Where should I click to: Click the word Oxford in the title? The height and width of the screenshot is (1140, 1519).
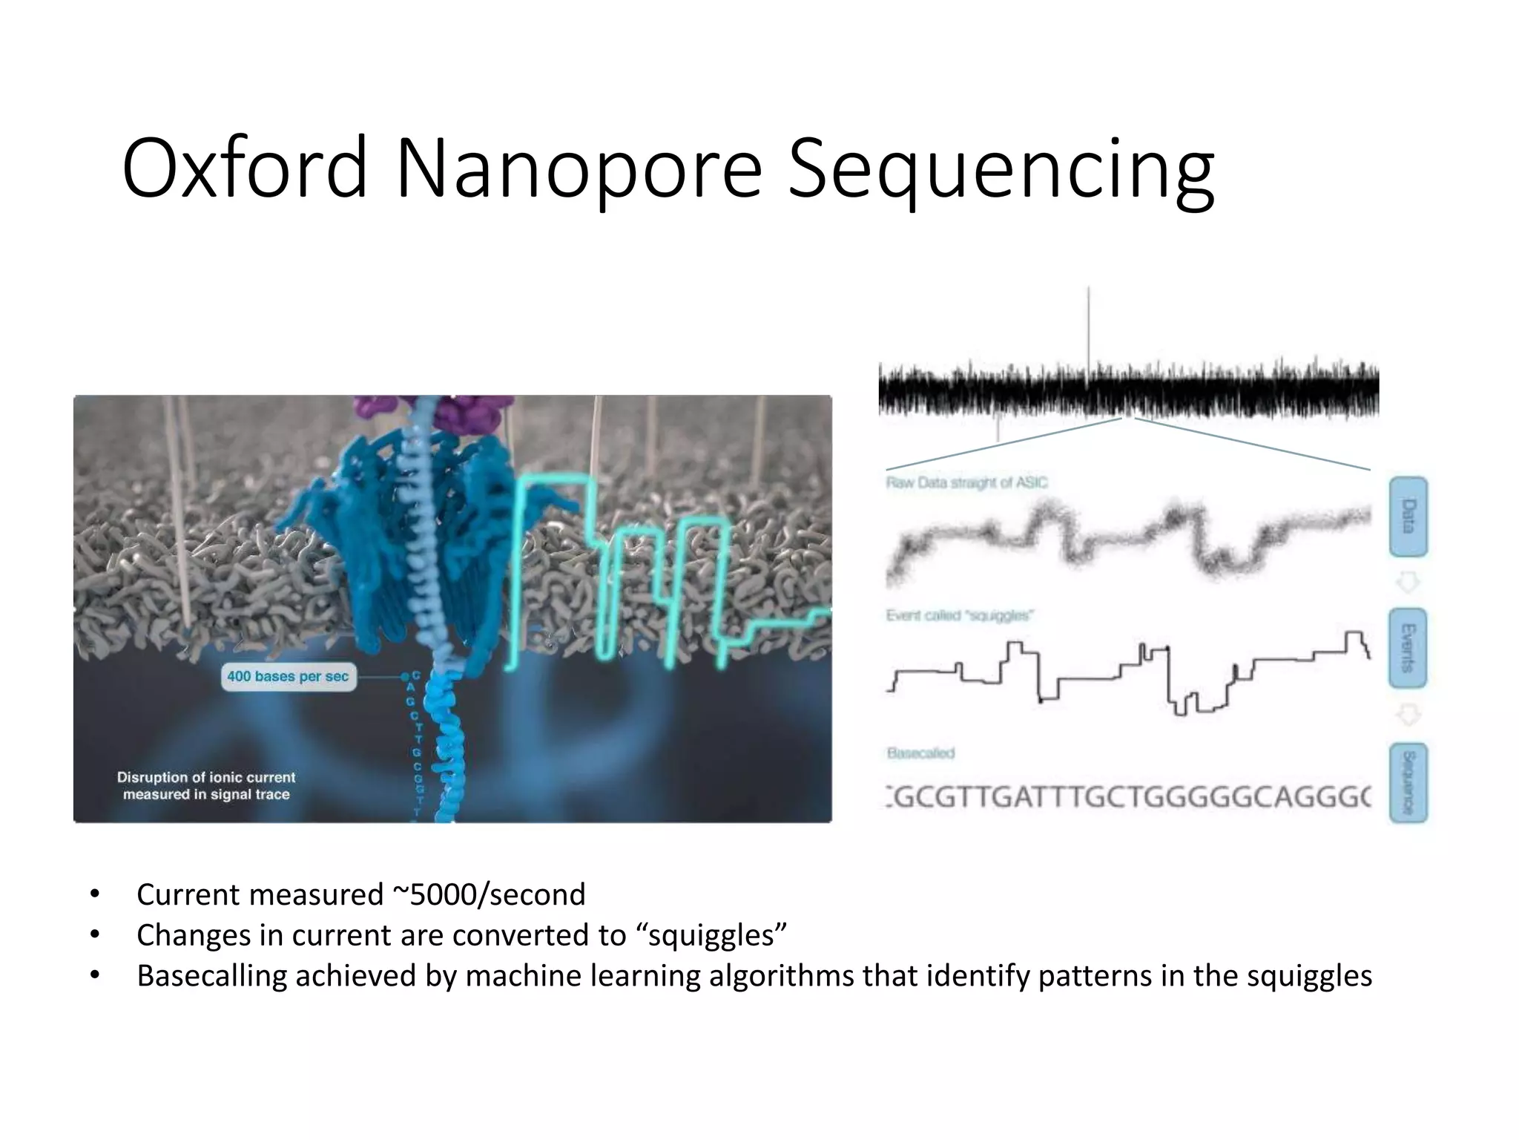pyautogui.click(x=245, y=168)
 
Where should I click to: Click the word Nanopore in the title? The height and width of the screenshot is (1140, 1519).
pyautogui.click(x=579, y=168)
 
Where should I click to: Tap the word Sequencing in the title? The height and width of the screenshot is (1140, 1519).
pyautogui.click(x=1001, y=168)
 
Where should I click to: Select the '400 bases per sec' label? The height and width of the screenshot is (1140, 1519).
pyautogui.click(x=288, y=676)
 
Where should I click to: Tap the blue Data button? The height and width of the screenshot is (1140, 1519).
pyautogui.click(x=1408, y=517)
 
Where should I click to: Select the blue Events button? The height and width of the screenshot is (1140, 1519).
pyautogui.click(x=1408, y=648)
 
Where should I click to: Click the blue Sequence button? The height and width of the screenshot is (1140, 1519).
pyautogui.click(x=1408, y=782)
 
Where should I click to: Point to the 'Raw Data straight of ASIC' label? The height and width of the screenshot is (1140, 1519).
pyautogui.click(x=966, y=483)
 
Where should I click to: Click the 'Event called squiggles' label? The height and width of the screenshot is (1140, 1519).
pyautogui.click(x=960, y=615)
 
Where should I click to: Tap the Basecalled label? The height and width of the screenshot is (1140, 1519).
pyautogui.click(x=920, y=753)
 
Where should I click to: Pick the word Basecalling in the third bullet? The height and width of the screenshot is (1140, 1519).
pyautogui.click(x=211, y=975)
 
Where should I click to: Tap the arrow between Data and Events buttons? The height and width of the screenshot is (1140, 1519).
pyautogui.click(x=1408, y=582)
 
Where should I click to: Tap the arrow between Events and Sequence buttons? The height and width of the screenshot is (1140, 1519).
pyautogui.click(x=1408, y=715)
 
